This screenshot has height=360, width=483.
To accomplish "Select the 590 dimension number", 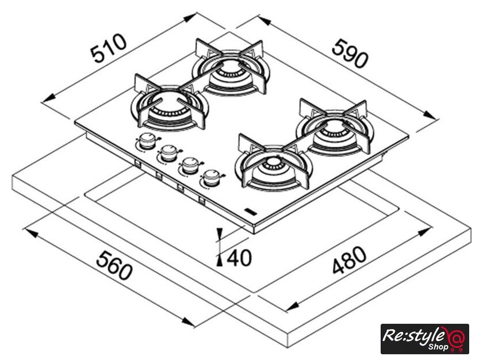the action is [x=350, y=53].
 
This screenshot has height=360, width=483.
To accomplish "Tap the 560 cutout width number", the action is [x=114, y=265].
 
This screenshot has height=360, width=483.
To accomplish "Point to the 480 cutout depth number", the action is [x=350, y=260].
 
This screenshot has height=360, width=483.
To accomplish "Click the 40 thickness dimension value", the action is [x=239, y=258].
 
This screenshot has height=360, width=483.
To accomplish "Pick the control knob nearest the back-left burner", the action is [x=147, y=141].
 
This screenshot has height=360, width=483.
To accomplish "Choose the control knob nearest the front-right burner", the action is [x=212, y=178].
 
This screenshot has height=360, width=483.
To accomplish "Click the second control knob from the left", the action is [x=169, y=153].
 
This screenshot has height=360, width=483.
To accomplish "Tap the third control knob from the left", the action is [x=190, y=166].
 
